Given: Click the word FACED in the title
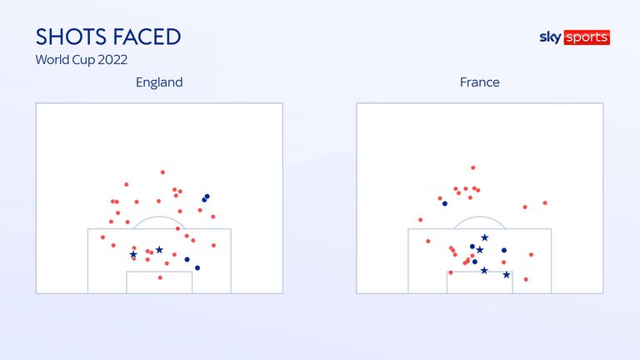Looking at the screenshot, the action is click(147, 37).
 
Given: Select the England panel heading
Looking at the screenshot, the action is click(159, 82).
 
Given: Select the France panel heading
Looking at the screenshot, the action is click(480, 82).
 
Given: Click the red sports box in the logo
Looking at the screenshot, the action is click(587, 37).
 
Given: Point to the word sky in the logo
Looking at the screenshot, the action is click(551, 37).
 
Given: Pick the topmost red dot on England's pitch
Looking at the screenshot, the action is click(162, 172).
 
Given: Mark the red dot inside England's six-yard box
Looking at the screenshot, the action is click(160, 277).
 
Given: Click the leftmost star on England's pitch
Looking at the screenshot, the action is click(133, 254).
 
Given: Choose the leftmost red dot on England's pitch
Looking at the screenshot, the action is click(102, 237).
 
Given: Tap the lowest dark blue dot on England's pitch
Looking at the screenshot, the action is click(197, 267).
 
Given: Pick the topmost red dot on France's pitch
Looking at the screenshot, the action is click(473, 167).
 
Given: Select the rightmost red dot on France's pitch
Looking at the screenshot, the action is click(545, 202).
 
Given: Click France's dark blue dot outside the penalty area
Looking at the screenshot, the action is click(445, 203).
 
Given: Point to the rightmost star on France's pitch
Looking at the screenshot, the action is click(507, 275).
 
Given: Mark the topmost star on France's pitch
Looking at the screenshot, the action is click(484, 237).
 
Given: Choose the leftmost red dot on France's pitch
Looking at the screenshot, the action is click(420, 220).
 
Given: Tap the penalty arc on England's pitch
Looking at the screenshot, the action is click(159, 217).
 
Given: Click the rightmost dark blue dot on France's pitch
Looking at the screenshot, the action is click(504, 250).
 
